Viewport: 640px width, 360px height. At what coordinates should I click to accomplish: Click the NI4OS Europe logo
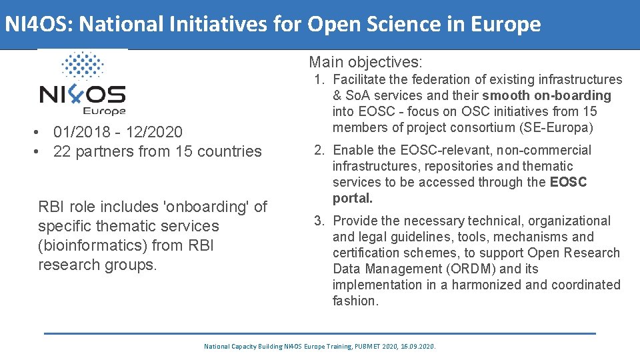pyautogui.click(x=83, y=84)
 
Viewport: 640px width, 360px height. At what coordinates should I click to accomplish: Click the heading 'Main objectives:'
pyautogui.click(x=365, y=63)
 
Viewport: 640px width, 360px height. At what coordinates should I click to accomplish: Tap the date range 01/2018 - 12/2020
pyautogui.click(x=118, y=132)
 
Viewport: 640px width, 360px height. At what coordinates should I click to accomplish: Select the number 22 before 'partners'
pyautogui.click(x=62, y=151)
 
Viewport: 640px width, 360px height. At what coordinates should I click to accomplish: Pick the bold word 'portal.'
pyautogui.click(x=353, y=198)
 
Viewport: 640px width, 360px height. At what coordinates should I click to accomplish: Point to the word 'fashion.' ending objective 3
pyautogui.click(x=355, y=301)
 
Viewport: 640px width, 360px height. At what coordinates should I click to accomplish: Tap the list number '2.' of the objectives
pyautogui.click(x=319, y=150)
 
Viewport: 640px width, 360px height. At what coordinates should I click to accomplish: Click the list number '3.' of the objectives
pyautogui.click(x=319, y=221)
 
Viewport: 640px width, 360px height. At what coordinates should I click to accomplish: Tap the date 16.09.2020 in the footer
pyautogui.click(x=419, y=347)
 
